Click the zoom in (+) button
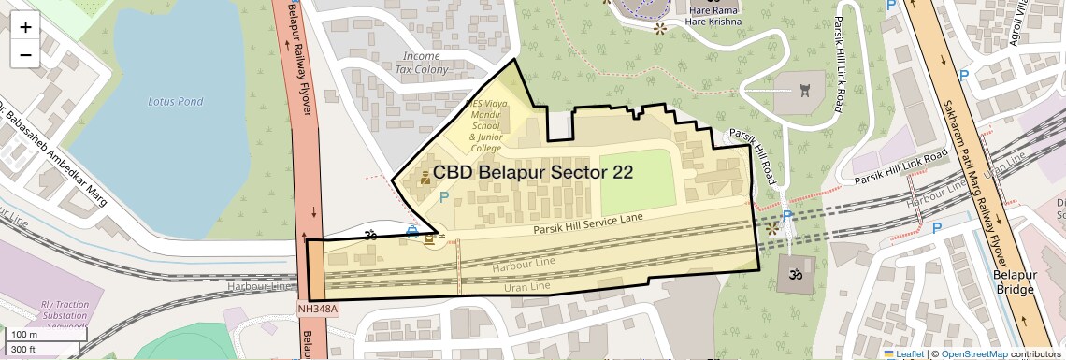click(x=25, y=27)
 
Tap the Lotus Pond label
click(x=175, y=101)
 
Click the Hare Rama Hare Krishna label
click(x=713, y=16)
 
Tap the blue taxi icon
click(x=411, y=230)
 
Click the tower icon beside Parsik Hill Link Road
click(x=804, y=91)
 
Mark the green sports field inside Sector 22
click(x=637, y=180)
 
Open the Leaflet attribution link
click(x=903, y=353)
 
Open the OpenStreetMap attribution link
click(x=973, y=353)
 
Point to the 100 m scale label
click(x=23, y=335)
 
